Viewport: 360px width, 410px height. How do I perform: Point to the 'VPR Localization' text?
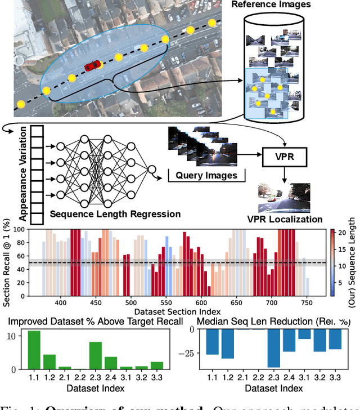[x=285, y=220]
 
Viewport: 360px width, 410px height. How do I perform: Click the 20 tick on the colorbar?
[x=333, y=232]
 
